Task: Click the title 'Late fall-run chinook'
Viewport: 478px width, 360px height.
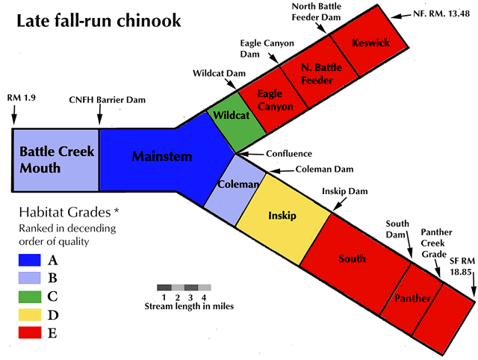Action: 99,21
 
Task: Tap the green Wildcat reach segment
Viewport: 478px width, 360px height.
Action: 236,122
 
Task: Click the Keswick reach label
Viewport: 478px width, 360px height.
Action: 370,43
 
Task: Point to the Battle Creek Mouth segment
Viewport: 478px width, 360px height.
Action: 56,161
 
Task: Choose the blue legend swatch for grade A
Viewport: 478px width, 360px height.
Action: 30,260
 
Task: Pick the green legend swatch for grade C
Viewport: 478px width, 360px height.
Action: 30,297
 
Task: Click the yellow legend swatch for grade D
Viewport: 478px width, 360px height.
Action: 30,314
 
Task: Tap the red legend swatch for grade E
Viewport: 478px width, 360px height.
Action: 30,332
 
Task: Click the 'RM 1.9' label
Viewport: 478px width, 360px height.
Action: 22,98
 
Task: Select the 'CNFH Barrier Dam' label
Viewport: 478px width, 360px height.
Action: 108,100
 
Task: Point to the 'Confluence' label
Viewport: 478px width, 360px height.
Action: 289,154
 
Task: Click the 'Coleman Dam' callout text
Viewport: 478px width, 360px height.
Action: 324,170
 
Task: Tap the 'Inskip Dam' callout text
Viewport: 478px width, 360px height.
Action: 345,191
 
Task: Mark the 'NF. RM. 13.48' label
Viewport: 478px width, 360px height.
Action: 441,13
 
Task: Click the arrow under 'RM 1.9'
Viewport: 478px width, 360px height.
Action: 14,114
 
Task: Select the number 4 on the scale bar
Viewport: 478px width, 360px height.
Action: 204,297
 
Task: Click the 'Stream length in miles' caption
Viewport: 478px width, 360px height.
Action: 189,306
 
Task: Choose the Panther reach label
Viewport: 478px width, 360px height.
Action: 412,298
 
